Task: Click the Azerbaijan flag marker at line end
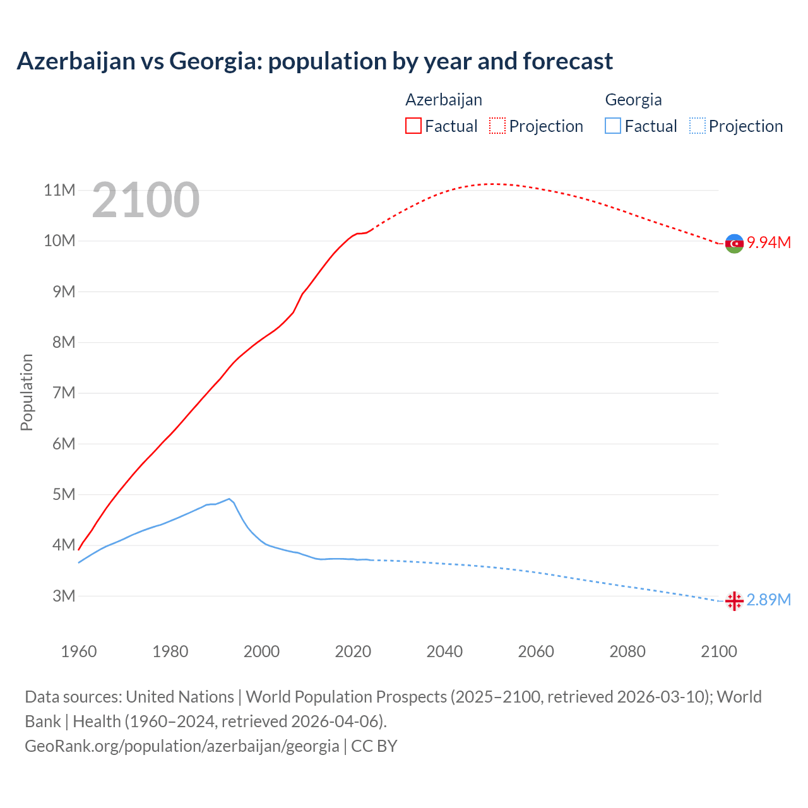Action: coord(734,243)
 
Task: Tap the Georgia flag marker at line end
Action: coord(734,601)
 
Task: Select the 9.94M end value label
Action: coord(769,243)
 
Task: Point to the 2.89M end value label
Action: coord(769,600)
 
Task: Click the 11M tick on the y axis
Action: coord(59,190)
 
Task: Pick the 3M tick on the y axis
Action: coord(63,596)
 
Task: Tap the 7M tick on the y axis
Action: coord(63,393)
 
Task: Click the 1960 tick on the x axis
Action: coord(79,651)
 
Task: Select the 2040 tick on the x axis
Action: coord(444,651)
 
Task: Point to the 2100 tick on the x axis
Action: coord(718,651)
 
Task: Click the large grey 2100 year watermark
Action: coord(146,200)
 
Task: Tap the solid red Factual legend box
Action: coord(413,126)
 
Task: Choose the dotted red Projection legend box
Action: coord(497,126)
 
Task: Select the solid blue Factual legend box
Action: coord(612,126)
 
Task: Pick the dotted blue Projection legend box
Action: coord(697,126)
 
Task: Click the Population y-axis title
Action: coord(27,392)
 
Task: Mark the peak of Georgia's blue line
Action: coord(229,499)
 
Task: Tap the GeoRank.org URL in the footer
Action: coord(182,746)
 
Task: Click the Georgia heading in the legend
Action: coord(633,100)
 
